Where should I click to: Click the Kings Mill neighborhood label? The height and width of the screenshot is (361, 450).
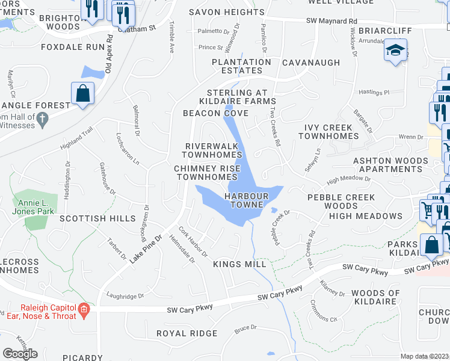tap(239, 264)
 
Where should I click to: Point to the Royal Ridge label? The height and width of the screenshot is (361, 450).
tap(186, 333)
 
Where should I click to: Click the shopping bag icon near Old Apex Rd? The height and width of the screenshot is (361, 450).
tap(82, 94)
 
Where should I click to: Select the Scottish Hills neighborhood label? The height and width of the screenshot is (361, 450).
tap(106, 218)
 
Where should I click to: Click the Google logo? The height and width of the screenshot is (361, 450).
tap(20, 354)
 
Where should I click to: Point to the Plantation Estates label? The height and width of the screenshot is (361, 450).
tap(241, 66)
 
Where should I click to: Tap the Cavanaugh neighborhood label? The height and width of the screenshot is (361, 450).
tap(311, 63)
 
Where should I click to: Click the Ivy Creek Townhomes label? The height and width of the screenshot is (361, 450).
tap(328, 132)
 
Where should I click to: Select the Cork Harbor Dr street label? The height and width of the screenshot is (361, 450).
tap(193, 241)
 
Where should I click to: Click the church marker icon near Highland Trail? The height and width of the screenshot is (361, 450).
tap(42, 119)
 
